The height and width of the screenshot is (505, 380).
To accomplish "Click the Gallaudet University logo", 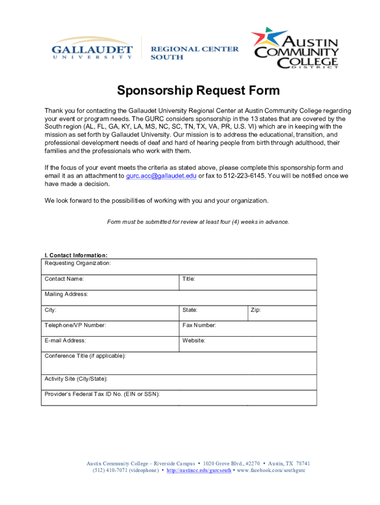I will tap(92, 49).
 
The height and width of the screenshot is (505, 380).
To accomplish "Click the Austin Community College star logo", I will tap(269, 40).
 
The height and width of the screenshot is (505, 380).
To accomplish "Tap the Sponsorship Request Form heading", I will tap(198, 91).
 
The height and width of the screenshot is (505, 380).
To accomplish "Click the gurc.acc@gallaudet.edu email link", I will tap(161, 176).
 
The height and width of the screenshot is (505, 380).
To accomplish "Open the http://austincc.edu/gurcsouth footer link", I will tap(198, 470).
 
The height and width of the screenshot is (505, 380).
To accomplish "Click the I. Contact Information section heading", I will tap(76, 255).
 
